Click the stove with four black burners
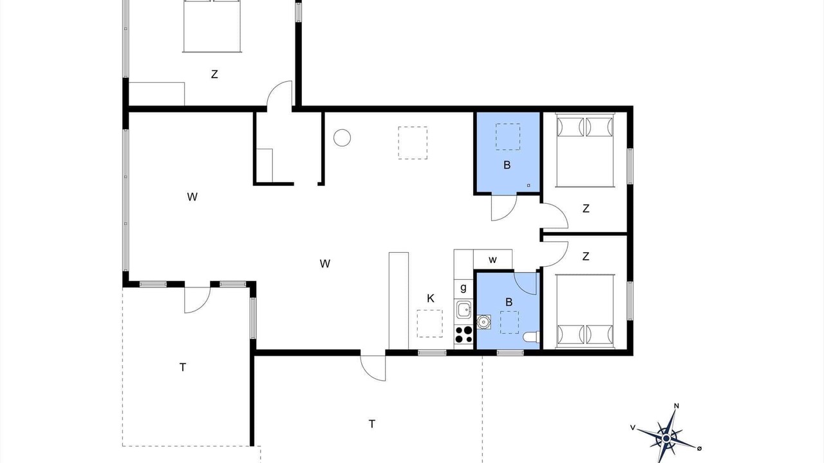pyautogui.click(x=464, y=335)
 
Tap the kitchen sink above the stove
pyautogui.click(x=464, y=310)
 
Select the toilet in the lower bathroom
pyautogui.click(x=531, y=337)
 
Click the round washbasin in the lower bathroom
pyautogui.click(x=483, y=322)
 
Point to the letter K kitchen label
pyautogui.click(x=431, y=298)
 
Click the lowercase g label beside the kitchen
pyautogui.click(x=464, y=287)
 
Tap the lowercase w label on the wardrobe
pyautogui.click(x=493, y=260)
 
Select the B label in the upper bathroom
pyautogui.click(x=507, y=165)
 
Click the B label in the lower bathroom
pyautogui.click(x=509, y=302)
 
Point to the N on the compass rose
pyautogui.click(x=676, y=406)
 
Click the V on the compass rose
pyautogui.click(x=633, y=428)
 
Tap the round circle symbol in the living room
pyautogui.click(x=342, y=138)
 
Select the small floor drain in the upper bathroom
pyautogui.click(x=529, y=185)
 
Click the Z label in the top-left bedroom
pyautogui.click(x=214, y=74)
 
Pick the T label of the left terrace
pyautogui.click(x=182, y=367)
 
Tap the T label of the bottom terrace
pyautogui.click(x=372, y=424)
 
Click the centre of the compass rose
pyautogui.click(x=666, y=439)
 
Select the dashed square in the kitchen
pyautogui.click(x=429, y=323)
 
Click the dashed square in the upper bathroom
pyautogui.click(x=508, y=137)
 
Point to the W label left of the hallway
pyautogui.click(x=192, y=197)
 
